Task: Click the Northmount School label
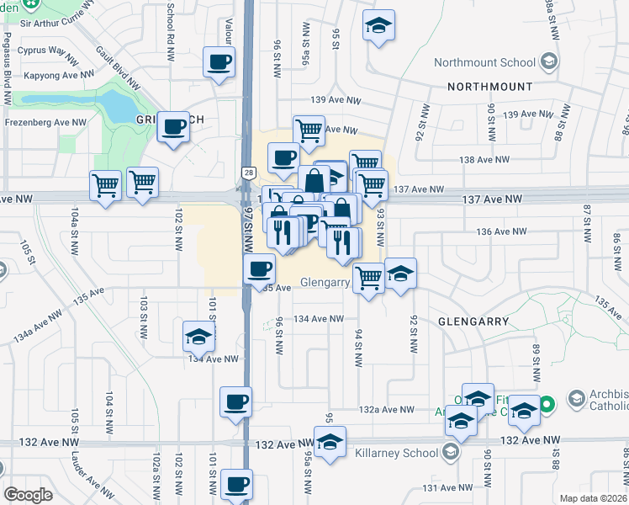point(484,62)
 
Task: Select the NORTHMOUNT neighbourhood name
point(490,87)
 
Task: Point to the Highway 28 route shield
point(249,172)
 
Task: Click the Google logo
point(29,495)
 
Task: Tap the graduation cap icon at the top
point(378,26)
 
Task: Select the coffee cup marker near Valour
point(219,62)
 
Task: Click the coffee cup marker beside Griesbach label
point(174,128)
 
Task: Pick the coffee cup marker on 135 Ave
point(259,270)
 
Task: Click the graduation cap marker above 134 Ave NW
point(199,338)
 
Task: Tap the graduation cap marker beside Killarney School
point(330,442)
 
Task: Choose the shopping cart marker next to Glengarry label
point(368,277)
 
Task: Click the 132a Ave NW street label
point(386,409)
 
